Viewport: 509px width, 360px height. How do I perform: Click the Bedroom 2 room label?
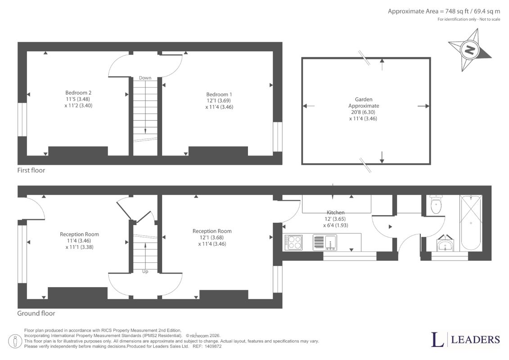point(78,93)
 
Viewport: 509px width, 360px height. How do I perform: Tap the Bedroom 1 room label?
point(219,94)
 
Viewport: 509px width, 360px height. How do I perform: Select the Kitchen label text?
point(335,212)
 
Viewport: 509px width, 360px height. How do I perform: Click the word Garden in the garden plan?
point(364,99)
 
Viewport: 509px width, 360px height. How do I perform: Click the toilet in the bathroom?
point(436,204)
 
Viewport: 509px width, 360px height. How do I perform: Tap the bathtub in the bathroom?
point(471,223)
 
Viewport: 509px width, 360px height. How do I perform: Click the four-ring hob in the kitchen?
point(293,243)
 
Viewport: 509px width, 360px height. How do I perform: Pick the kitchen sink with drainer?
point(325,243)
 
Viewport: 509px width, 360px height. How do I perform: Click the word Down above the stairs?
point(145,78)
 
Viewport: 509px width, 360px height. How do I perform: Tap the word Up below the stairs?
point(145,271)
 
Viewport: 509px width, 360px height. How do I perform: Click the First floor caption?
point(31,170)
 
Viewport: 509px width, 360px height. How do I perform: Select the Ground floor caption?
point(36,313)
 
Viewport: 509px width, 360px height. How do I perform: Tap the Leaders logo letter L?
point(437,339)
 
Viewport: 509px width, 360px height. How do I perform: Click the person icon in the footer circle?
point(15,342)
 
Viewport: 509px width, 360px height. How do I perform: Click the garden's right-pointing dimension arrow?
point(423,106)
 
